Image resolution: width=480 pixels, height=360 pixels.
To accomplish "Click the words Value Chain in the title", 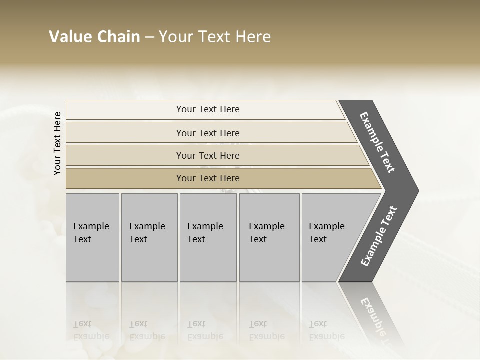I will [x=94, y=37].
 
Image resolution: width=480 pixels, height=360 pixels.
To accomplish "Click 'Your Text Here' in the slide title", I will [x=215, y=37].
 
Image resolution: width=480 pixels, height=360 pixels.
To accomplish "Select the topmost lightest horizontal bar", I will [x=125, y=110].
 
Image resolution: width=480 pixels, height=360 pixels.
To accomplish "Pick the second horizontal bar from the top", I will [x=125, y=133].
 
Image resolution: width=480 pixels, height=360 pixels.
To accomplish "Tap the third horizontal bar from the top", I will [x=125, y=156].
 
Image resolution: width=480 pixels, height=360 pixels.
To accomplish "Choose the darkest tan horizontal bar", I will [x=125, y=178].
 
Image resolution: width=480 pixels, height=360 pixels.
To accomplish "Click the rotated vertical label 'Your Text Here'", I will [x=57, y=143].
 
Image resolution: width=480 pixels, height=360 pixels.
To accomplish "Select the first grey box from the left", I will [x=92, y=260].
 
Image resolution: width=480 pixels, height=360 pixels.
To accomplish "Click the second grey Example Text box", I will [x=149, y=260].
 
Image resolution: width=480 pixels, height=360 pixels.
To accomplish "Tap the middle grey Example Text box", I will [x=208, y=260].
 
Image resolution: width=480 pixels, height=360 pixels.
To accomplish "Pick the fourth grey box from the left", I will [x=269, y=260].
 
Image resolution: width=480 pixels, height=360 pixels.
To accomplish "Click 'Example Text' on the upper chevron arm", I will [x=377, y=142].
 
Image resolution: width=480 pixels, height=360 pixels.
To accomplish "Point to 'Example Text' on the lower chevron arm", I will [x=378, y=236].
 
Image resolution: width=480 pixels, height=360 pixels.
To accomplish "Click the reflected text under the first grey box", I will [x=91, y=330].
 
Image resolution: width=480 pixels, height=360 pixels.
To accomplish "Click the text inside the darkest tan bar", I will [x=208, y=178].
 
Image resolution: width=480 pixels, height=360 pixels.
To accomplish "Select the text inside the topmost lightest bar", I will [x=208, y=109].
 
